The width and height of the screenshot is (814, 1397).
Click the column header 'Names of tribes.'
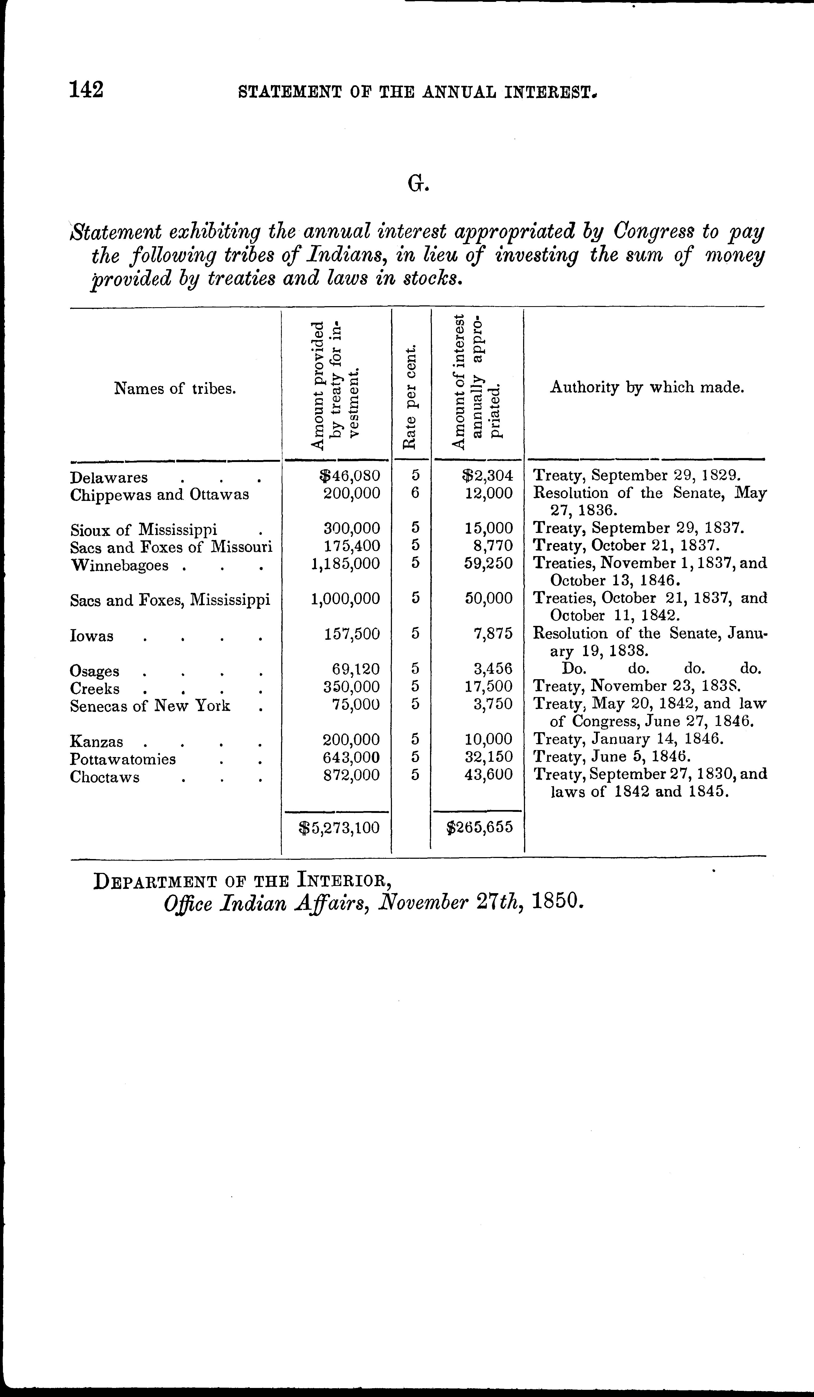(x=175, y=388)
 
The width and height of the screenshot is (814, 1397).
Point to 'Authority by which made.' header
(x=647, y=387)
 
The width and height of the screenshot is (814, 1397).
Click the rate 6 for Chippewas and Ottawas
(x=415, y=493)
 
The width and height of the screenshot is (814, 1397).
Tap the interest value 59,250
(x=489, y=564)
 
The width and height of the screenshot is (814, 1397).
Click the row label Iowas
(x=91, y=636)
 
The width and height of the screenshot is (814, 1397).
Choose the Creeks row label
(x=95, y=689)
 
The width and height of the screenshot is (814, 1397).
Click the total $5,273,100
(x=339, y=828)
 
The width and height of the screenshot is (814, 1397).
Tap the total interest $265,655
(x=479, y=828)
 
